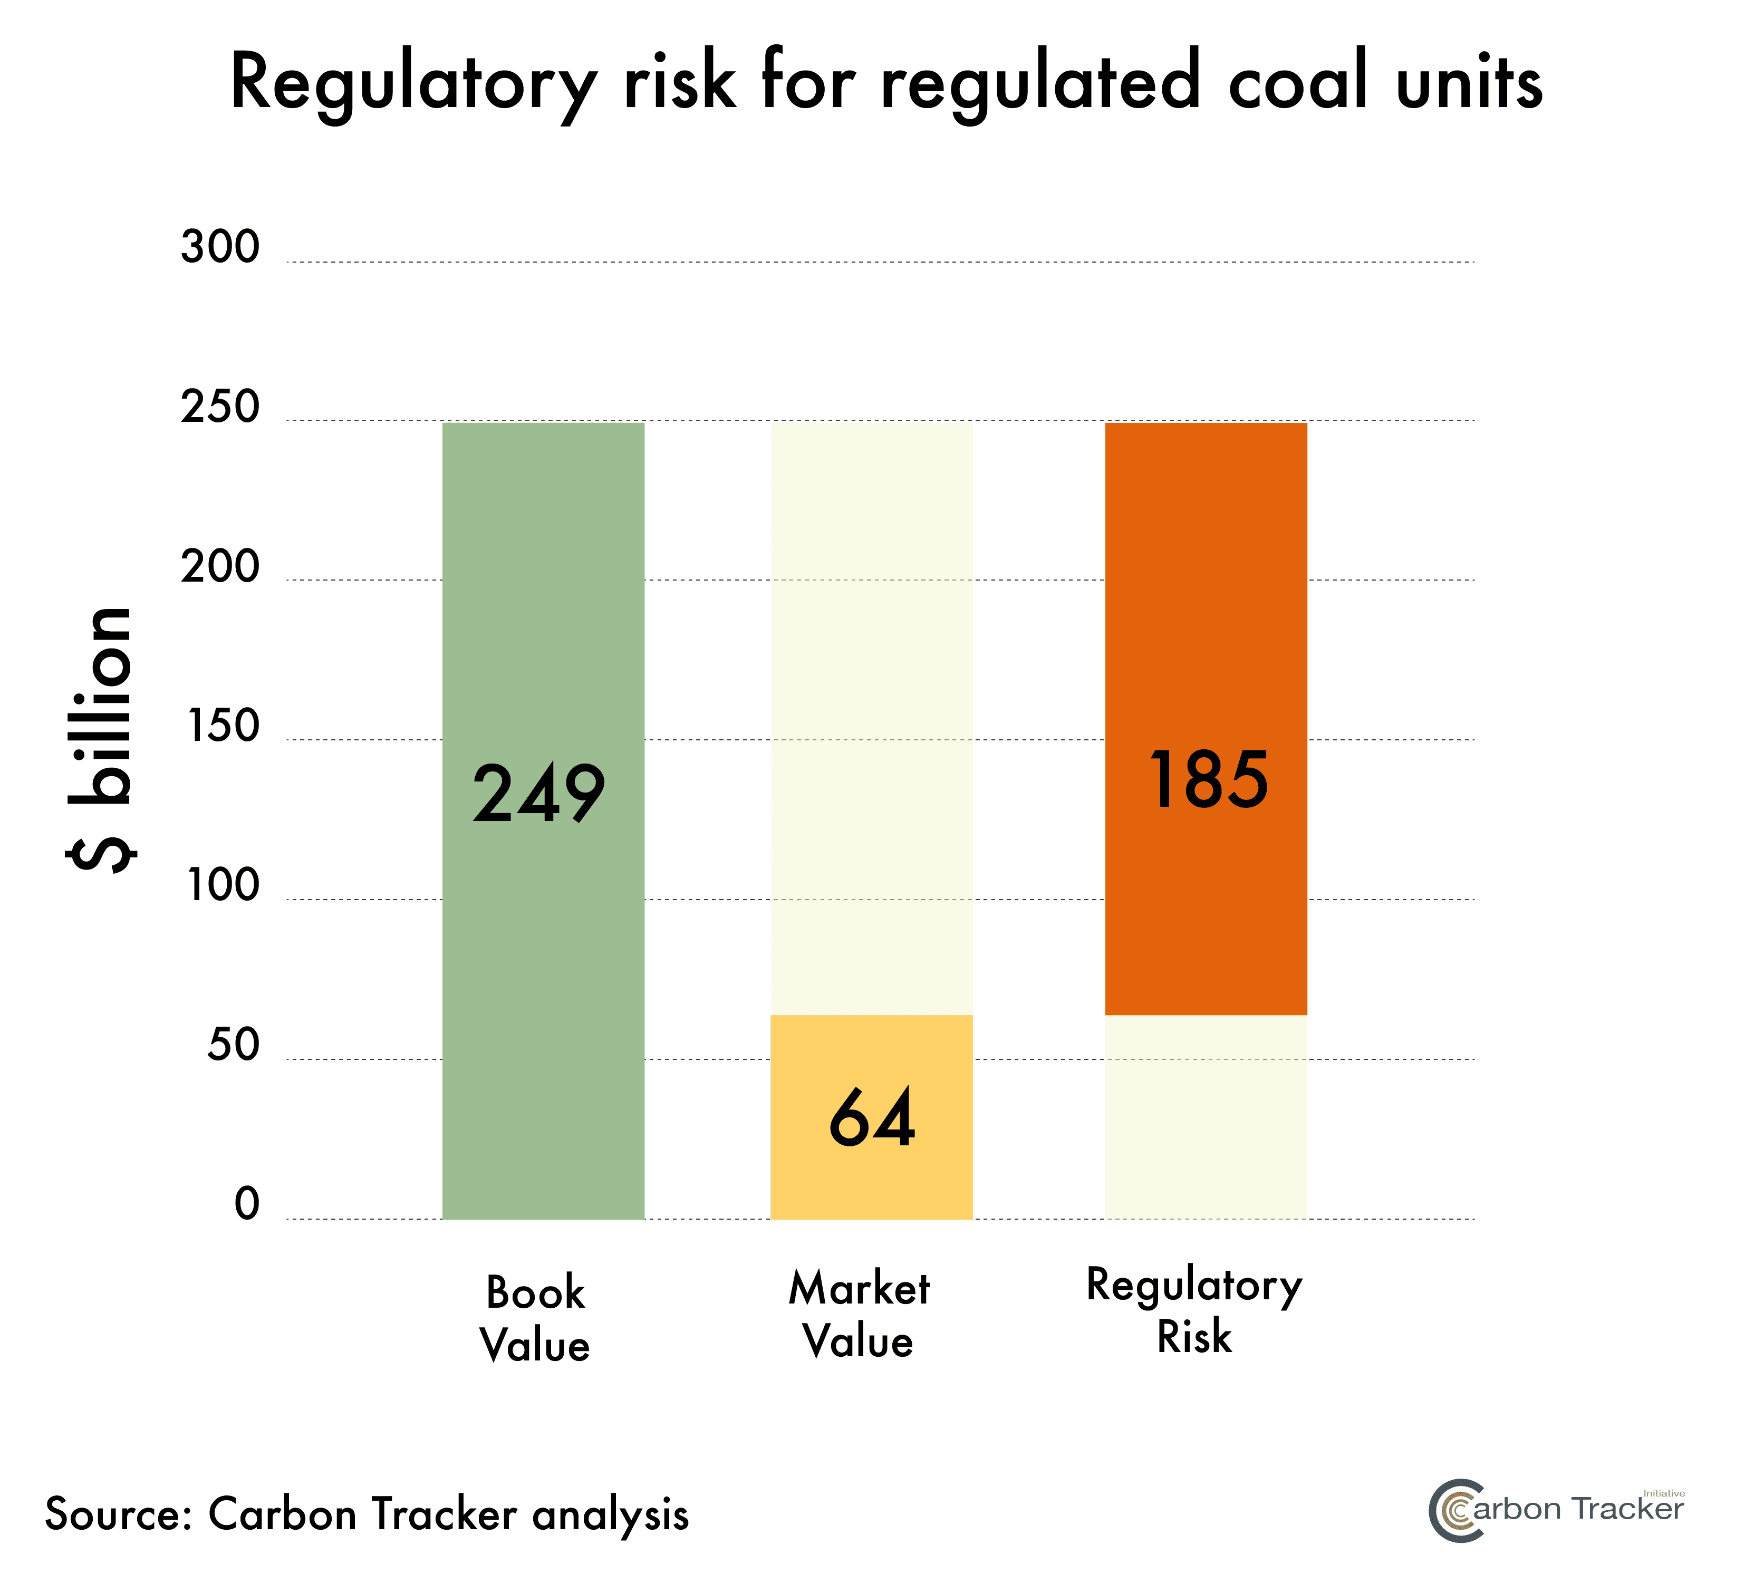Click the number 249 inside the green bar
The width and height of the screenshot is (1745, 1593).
click(x=538, y=794)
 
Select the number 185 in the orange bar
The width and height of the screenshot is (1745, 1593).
click(x=1208, y=780)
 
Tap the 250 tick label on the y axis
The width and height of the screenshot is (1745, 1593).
click(x=220, y=408)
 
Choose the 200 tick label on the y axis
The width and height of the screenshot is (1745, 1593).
click(x=220, y=567)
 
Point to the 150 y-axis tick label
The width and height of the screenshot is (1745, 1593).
click(x=223, y=726)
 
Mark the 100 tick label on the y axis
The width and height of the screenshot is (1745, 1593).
click(x=223, y=886)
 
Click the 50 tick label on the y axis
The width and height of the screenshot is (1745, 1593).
click(x=233, y=1045)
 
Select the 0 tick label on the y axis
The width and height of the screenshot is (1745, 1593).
click(x=247, y=1204)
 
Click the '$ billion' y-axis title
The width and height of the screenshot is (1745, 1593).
click(x=101, y=740)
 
